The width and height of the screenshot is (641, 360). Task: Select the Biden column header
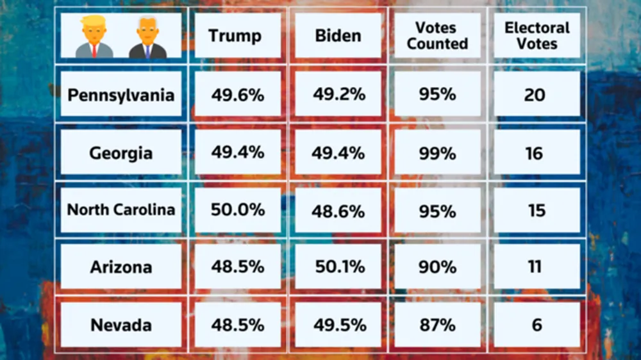[338, 35]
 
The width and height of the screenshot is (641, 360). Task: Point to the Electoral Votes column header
[537, 36]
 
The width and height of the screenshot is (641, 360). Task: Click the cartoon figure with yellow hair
[94, 37]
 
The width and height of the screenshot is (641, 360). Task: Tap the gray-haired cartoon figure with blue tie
[147, 37]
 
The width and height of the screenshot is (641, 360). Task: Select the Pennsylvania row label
[121, 95]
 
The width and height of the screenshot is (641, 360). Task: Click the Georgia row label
[121, 153]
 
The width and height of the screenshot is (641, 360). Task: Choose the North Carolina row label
[121, 210]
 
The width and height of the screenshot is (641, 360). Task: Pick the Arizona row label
[121, 266]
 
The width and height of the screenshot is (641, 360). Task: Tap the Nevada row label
[121, 325]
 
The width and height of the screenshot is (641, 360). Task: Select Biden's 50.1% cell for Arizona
[338, 266]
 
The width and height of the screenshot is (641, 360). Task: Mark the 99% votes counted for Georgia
[438, 153]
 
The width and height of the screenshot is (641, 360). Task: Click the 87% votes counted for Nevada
[438, 325]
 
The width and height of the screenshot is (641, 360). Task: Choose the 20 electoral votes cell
[535, 95]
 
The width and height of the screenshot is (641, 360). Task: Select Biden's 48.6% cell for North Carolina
[338, 210]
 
